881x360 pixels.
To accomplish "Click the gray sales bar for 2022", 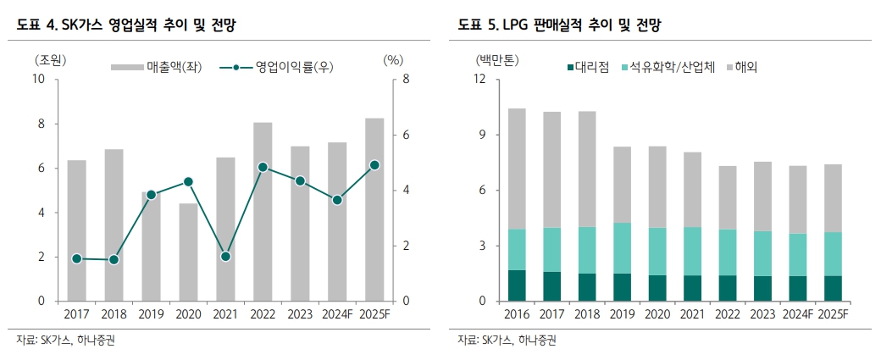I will click(x=263, y=212).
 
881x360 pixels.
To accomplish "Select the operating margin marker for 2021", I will click(x=225, y=256).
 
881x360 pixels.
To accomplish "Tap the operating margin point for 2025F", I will click(x=374, y=165).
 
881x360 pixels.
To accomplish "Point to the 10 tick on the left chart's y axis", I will click(x=38, y=80).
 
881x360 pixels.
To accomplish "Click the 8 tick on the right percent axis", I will click(x=406, y=80).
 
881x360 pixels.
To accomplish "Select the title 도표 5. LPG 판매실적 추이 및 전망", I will click(x=558, y=25).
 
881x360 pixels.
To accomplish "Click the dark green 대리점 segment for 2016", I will click(x=517, y=285).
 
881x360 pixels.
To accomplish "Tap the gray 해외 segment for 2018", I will click(x=587, y=169).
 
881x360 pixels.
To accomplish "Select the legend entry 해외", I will click(x=745, y=66).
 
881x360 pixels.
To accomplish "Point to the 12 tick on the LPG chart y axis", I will click(x=479, y=80).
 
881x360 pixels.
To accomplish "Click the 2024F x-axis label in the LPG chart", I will click(x=797, y=315).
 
